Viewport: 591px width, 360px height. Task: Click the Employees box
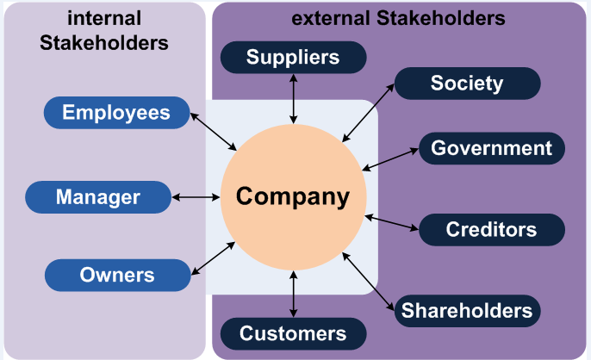coord(116,112)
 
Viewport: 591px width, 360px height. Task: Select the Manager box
coord(98,197)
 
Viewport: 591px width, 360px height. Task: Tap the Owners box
coord(116,275)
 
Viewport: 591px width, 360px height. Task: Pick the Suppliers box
coord(294,58)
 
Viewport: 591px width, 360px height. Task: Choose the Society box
coord(467,84)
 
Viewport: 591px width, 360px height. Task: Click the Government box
coord(491,148)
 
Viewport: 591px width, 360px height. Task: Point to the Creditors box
coord(491,230)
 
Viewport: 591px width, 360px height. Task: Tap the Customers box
coord(294,333)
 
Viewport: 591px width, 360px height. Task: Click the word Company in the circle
coord(294,197)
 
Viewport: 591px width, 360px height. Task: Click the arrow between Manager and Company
coord(196,197)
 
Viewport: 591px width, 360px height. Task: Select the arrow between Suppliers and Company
coord(295,97)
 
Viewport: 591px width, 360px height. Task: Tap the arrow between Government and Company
coord(390,158)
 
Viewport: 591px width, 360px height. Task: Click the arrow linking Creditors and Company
coord(391,222)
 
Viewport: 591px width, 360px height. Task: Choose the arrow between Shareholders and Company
coord(371,282)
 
